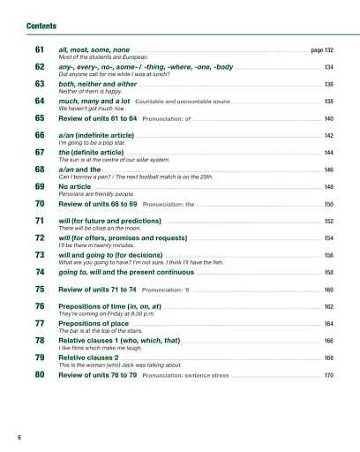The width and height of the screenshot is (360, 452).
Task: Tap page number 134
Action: pyautogui.click(x=328, y=68)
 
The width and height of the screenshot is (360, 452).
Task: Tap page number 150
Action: pyautogui.click(x=328, y=205)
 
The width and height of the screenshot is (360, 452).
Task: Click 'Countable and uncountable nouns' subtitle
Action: pyautogui.click(x=184, y=102)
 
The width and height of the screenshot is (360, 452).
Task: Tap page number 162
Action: pyautogui.click(x=328, y=306)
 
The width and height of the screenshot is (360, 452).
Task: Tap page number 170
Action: pyautogui.click(x=328, y=375)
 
